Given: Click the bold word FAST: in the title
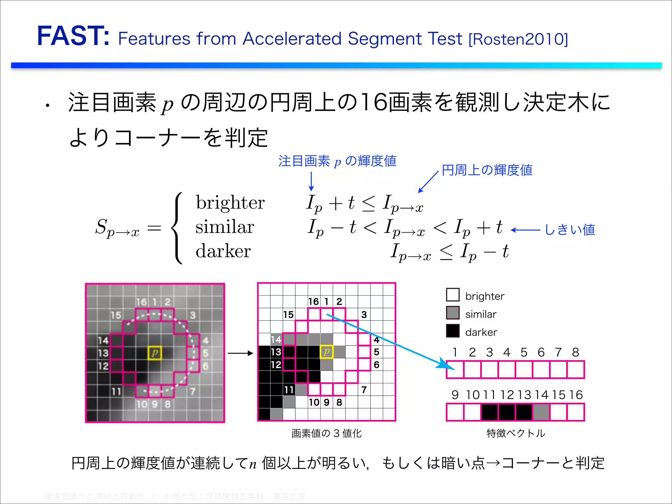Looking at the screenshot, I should tap(73, 36).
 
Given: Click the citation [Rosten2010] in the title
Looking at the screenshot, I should tap(518, 39).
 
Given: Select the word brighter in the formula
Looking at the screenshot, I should tap(230, 202).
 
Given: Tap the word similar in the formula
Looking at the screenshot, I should tap(225, 227).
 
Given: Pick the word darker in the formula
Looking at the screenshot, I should tap(223, 251).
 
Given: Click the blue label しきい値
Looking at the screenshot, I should tap(570, 230).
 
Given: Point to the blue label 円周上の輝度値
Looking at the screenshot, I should tap(487, 170).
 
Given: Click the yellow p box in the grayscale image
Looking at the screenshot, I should tap(155, 353).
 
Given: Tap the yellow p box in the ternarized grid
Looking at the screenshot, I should tap(326, 352).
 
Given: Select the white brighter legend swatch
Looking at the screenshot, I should tap(453, 295).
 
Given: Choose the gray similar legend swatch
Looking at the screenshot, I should tap(453, 313).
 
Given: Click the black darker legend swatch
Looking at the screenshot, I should tap(453, 331).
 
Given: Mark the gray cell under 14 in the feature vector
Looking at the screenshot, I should tap(541, 412).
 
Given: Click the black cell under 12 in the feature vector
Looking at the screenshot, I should tap(507, 412).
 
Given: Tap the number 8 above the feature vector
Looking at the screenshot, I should tap(576, 352).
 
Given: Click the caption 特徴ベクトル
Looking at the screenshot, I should tap(515, 433).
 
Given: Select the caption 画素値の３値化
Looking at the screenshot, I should tap(326, 433).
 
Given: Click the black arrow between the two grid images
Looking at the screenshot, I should tap(241, 353).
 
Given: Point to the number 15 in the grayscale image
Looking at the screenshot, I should tap(116, 315).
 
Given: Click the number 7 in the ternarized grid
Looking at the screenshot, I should tap(364, 390).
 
